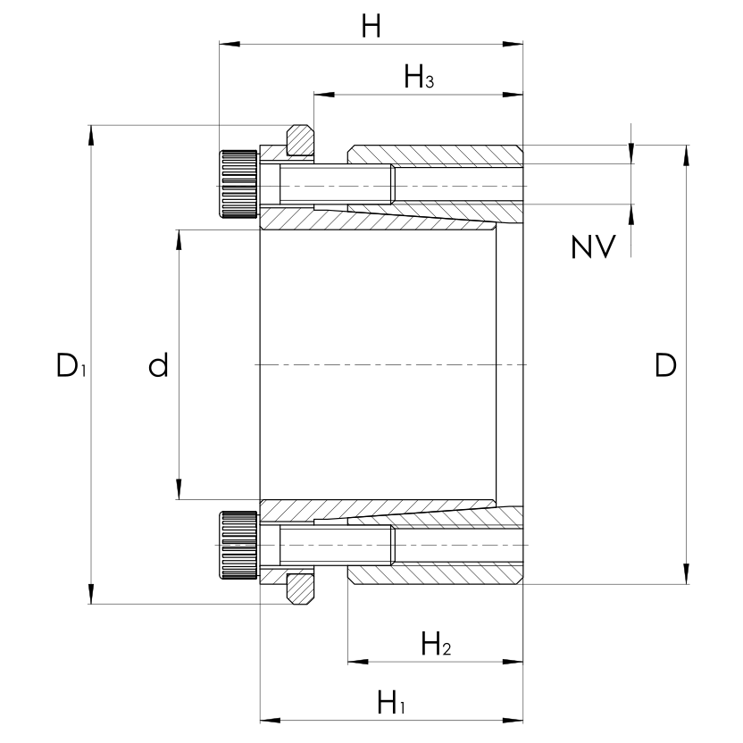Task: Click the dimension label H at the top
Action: pyautogui.click(x=371, y=27)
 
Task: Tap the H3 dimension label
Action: pyautogui.click(x=419, y=79)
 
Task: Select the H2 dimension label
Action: pyautogui.click(x=435, y=644)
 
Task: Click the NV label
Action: pyautogui.click(x=593, y=247)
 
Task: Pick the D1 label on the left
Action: pyautogui.click(x=69, y=365)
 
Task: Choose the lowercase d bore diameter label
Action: pyautogui.click(x=158, y=365)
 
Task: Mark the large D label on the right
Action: pyautogui.click(x=665, y=365)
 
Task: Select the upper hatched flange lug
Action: pyautogui.click(x=300, y=141)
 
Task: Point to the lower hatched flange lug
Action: pyautogui.click(x=300, y=588)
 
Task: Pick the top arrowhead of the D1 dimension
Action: pyautogui.click(x=90, y=135)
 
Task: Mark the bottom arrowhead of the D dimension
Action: pyautogui.click(x=686, y=572)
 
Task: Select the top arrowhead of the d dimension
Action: pyautogui.click(x=179, y=240)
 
